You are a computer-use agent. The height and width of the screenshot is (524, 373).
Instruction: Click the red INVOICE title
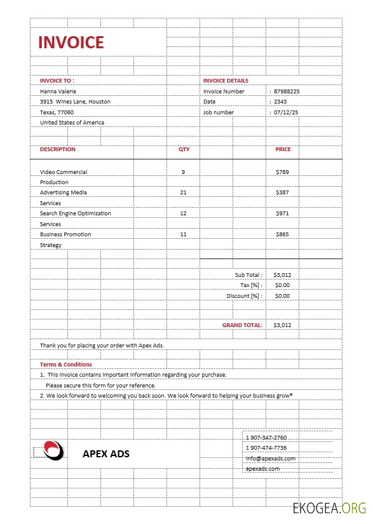tap(71, 43)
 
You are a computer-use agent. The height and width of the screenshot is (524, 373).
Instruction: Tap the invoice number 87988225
tap(287, 91)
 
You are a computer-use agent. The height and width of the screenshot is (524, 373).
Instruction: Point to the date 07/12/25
tap(286, 112)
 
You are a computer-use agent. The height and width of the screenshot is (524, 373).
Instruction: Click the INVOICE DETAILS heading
tap(226, 81)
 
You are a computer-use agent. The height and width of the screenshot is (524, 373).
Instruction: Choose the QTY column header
tap(184, 149)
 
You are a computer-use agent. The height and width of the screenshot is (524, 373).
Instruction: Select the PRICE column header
tap(283, 149)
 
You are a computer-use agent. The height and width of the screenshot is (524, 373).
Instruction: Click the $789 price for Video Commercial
tap(282, 172)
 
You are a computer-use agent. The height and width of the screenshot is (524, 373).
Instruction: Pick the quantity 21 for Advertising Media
tap(183, 192)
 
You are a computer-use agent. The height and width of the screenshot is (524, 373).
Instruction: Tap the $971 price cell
tap(282, 213)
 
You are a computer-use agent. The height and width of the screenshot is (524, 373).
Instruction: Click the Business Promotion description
tap(65, 234)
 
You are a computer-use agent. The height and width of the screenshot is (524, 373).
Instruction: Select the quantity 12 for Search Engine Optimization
tap(183, 213)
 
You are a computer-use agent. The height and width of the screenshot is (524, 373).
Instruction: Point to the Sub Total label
tap(248, 275)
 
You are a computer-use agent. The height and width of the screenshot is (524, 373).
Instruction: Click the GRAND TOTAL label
tap(242, 325)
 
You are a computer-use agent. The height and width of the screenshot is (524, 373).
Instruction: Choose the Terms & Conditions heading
tap(66, 365)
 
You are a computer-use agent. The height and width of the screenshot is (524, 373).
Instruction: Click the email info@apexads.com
tap(271, 459)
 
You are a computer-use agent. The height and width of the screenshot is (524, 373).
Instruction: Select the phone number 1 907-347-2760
tap(266, 438)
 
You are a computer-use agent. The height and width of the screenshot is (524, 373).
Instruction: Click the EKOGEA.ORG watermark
tap(329, 508)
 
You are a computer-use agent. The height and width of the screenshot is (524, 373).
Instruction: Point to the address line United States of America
tap(72, 123)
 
